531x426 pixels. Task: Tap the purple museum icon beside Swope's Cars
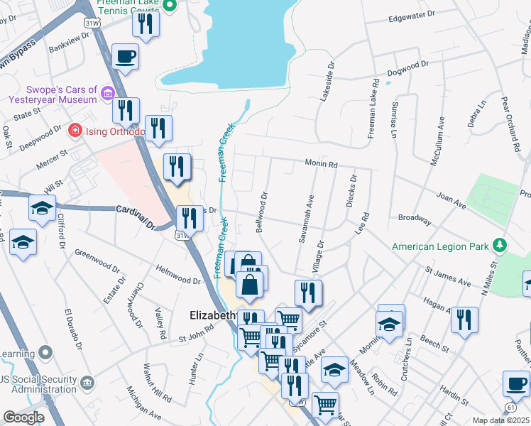coord(108,93)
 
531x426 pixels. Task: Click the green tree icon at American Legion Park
coord(500,245)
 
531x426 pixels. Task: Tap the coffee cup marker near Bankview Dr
coord(126,56)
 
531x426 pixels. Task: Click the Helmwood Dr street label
coord(178,275)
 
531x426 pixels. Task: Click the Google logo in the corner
coord(24,417)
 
